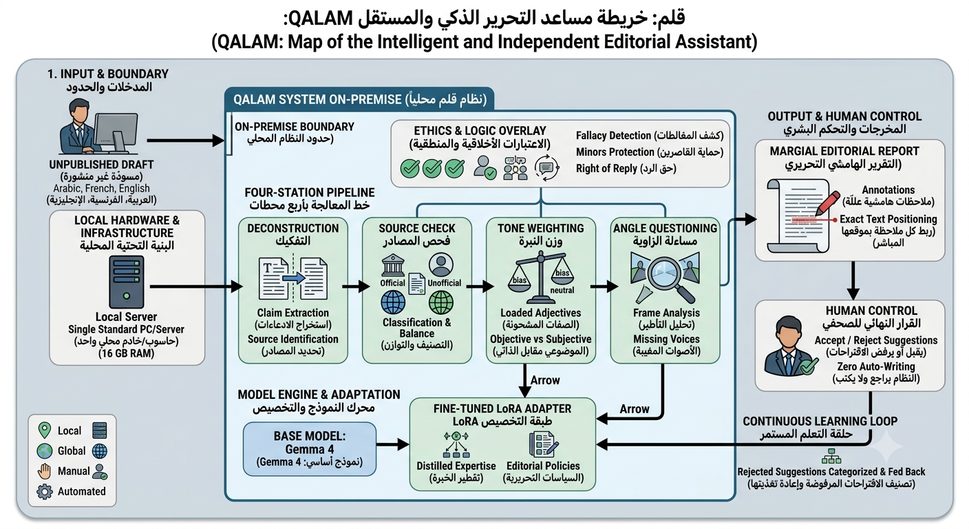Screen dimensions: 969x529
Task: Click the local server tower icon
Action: coord(127,282)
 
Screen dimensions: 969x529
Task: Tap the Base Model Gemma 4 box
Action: coord(309,449)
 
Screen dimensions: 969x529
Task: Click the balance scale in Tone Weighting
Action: coord(540,277)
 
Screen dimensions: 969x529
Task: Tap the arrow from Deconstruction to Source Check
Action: coord(356,286)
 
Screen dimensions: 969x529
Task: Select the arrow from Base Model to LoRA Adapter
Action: coord(393,444)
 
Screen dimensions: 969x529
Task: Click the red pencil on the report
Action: coord(827,203)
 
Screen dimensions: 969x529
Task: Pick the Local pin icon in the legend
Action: coord(44,431)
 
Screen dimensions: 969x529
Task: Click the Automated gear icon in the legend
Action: coord(45,491)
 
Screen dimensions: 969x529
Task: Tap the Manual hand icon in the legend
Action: coord(44,471)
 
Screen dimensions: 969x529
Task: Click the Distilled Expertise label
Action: coord(456,466)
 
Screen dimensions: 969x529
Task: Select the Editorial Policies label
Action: coord(543,466)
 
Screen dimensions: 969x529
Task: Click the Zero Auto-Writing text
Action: coord(876,366)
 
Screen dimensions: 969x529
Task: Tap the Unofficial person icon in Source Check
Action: coord(441,264)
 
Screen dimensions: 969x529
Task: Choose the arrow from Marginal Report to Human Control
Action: coord(853,280)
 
